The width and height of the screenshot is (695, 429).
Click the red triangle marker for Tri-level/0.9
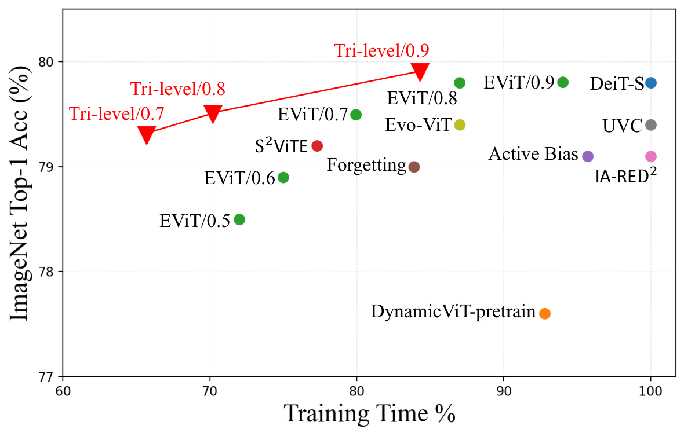point(420,71)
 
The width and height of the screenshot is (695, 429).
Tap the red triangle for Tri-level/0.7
point(146,134)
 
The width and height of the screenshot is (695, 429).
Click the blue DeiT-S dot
point(651,83)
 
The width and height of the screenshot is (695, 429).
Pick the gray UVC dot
point(651,125)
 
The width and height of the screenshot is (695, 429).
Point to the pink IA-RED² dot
point(651,156)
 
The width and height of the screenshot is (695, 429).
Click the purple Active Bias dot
point(588,156)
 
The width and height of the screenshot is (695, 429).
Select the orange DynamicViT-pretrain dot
point(545,313)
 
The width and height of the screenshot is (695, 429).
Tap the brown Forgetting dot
point(414,167)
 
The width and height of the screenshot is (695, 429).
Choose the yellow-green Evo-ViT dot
point(460,125)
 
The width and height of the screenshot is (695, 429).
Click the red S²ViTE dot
point(317,146)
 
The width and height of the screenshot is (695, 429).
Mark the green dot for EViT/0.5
point(239,219)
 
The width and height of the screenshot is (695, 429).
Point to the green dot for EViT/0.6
point(283,178)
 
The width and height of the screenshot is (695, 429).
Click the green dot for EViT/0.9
point(563,82)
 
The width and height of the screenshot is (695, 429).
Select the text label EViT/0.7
point(313,115)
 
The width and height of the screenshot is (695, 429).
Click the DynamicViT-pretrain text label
point(453,311)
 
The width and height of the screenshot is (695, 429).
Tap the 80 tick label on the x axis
point(356,391)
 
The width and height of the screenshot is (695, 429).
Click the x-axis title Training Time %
point(370,413)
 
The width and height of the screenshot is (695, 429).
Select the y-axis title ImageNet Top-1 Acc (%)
point(20,193)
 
